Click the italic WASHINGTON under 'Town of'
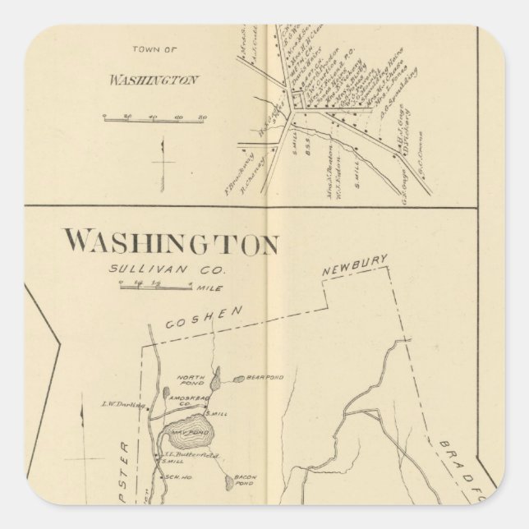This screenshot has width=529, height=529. (x=153, y=80)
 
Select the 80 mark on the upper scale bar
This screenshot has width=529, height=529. (x=202, y=118)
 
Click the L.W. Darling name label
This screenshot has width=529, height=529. (x=122, y=404)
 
